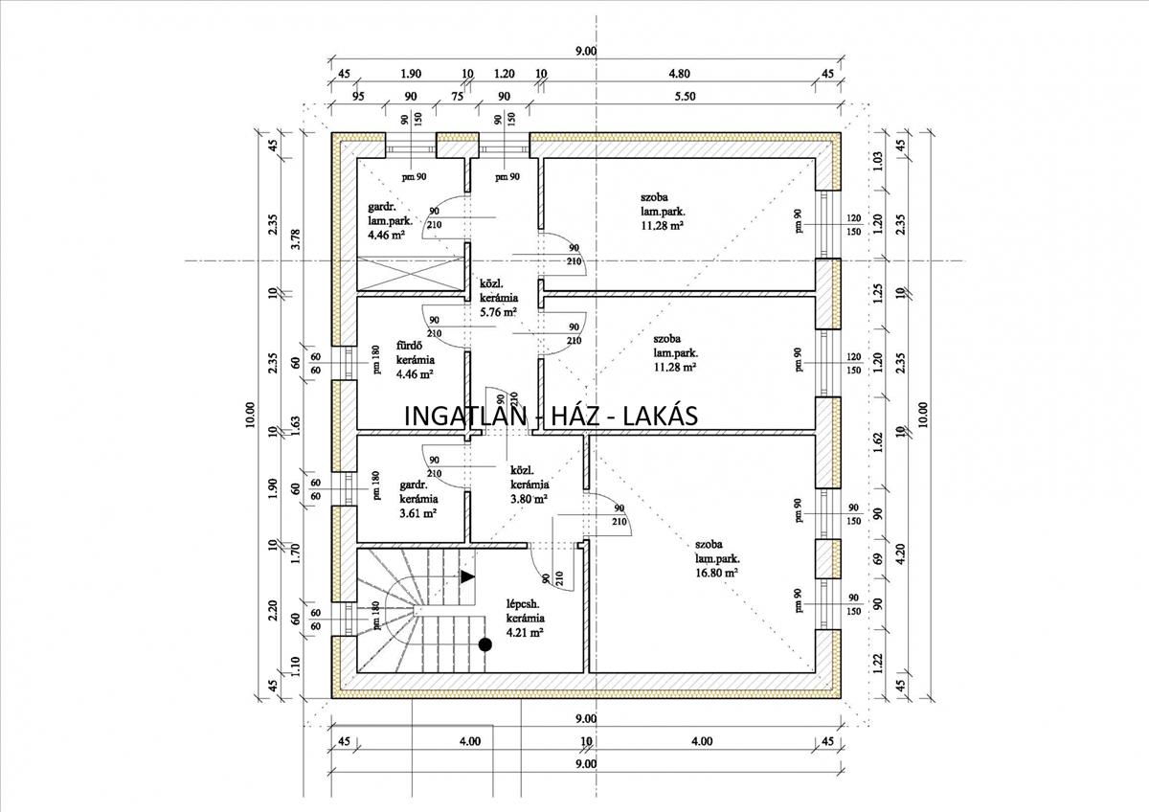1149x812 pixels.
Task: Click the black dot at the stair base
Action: (x=485, y=644)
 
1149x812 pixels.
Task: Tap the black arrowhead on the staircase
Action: (x=467, y=576)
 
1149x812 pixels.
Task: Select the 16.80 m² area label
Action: (x=717, y=573)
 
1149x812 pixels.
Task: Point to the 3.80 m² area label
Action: (x=529, y=499)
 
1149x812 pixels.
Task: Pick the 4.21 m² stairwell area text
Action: (x=526, y=633)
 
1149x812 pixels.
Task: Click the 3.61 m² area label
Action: (x=418, y=513)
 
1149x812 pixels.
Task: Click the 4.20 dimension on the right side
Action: (x=899, y=553)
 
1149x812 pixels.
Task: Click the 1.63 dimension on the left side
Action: (x=296, y=450)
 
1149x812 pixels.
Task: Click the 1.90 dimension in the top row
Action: (x=411, y=73)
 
